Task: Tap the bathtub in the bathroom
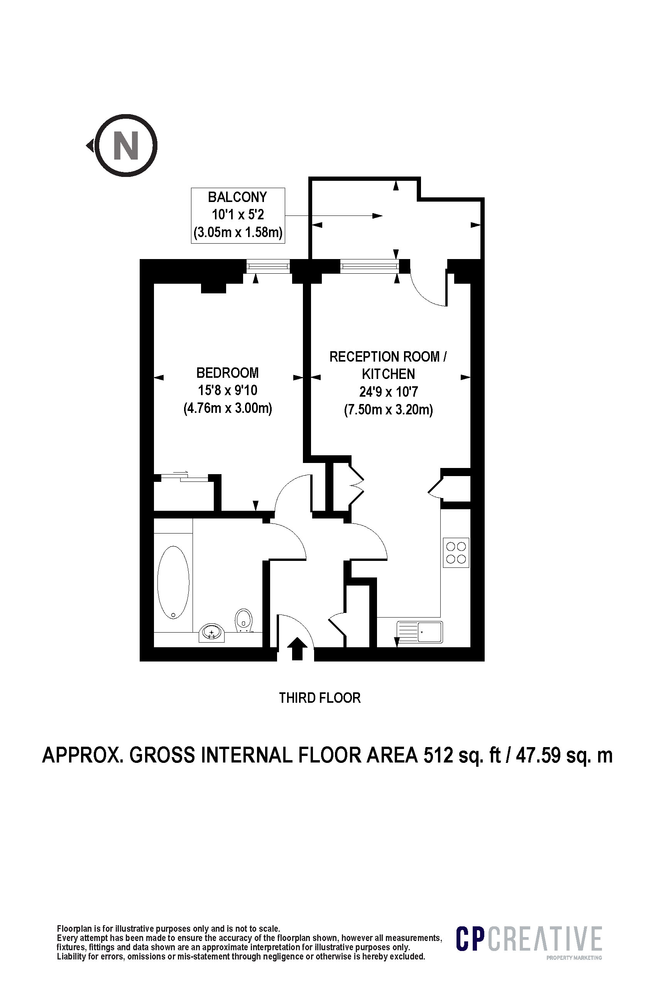[173, 582]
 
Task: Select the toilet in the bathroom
[244, 620]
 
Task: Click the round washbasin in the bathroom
[212, 632]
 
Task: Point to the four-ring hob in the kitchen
[456, 552]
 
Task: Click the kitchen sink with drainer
[419, 631]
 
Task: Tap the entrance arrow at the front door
[297, 649]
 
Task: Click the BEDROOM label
[228, 372]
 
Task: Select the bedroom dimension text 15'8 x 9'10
[228, 391]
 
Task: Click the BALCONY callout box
[238, 215]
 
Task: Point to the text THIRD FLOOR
[320, 698]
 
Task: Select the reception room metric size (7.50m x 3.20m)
[389, 409]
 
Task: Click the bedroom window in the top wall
[268, 266]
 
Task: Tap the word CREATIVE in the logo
[545, 939]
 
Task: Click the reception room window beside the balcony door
[369, 266]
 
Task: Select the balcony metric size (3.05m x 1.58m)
[238, 232]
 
